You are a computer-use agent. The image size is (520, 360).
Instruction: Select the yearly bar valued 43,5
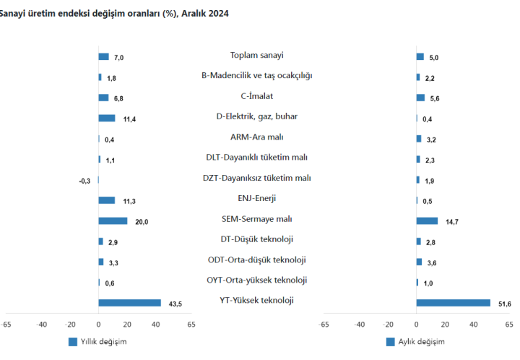click(129, 304)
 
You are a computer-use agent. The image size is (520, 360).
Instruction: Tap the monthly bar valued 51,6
click(453, 304)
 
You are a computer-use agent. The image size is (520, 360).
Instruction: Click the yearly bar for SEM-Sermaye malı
click(113, 221)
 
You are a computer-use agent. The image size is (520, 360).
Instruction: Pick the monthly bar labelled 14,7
click(427, 221)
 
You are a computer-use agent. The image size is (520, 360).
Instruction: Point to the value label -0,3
click(84, 181)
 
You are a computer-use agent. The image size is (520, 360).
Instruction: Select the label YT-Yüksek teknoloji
click(256, 301)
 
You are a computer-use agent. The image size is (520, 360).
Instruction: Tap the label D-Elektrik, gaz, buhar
click(256, 116)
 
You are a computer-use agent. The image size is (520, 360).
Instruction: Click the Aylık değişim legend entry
click(419, 341)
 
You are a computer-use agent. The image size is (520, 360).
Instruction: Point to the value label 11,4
click(129, 119)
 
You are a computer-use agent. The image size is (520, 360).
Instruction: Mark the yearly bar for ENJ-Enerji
click(107, 200)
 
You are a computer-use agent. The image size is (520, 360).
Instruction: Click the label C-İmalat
click(256, 95)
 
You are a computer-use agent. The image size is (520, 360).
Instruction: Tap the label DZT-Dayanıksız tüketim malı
click(256, 178)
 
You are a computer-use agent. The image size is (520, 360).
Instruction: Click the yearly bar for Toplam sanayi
click(103, 56)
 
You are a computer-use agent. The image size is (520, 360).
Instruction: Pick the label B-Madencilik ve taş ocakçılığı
click(256, 75)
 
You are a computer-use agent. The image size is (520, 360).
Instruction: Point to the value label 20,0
click(142, 222)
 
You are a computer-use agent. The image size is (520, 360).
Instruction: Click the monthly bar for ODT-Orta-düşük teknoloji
click(419, 262)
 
